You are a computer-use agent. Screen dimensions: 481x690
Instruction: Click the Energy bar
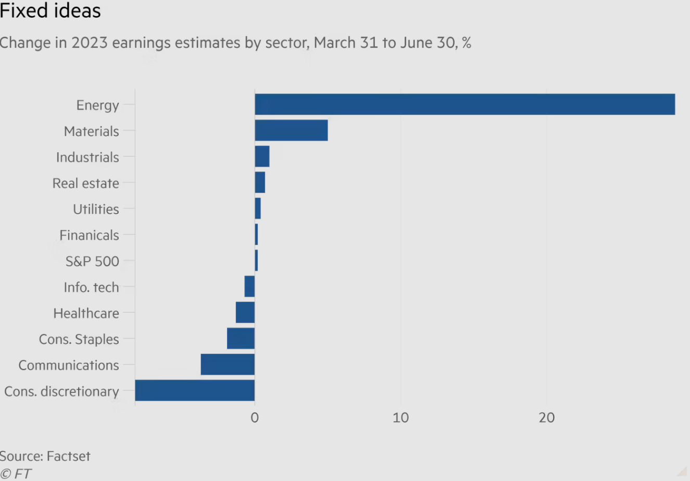pos(465,104)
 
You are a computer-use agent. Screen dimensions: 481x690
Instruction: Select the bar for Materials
pos(291,130)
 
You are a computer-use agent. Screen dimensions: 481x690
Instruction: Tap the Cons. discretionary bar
pos(195,390)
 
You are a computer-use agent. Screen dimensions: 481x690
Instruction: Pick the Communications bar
pos(228,364)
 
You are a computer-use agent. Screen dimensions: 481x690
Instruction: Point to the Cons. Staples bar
pos(241,338)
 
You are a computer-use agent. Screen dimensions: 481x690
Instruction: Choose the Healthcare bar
pos(245,312)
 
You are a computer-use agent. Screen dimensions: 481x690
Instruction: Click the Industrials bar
pos(262,156)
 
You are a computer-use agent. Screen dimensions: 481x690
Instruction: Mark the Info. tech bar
pos(249,286)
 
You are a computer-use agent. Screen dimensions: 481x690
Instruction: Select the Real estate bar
pos(260,182)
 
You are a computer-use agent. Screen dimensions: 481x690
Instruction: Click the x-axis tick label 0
pos(255,417)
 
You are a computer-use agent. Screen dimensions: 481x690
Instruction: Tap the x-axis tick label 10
pos(400,417)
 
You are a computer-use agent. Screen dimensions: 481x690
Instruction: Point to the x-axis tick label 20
pos(547,417)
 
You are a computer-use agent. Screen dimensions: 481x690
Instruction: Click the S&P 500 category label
pos(92,261)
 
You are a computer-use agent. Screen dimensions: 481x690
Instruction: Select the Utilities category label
pos(96,209)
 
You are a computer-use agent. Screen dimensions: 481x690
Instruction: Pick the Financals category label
pos(89,235)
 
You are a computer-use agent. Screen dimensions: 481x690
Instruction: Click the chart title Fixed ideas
pos(50,10)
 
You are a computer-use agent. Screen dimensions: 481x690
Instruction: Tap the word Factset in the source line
pos(68,456)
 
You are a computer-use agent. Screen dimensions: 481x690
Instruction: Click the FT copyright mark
pos(16,474)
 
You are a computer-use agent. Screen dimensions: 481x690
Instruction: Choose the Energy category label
pos(97,105)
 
